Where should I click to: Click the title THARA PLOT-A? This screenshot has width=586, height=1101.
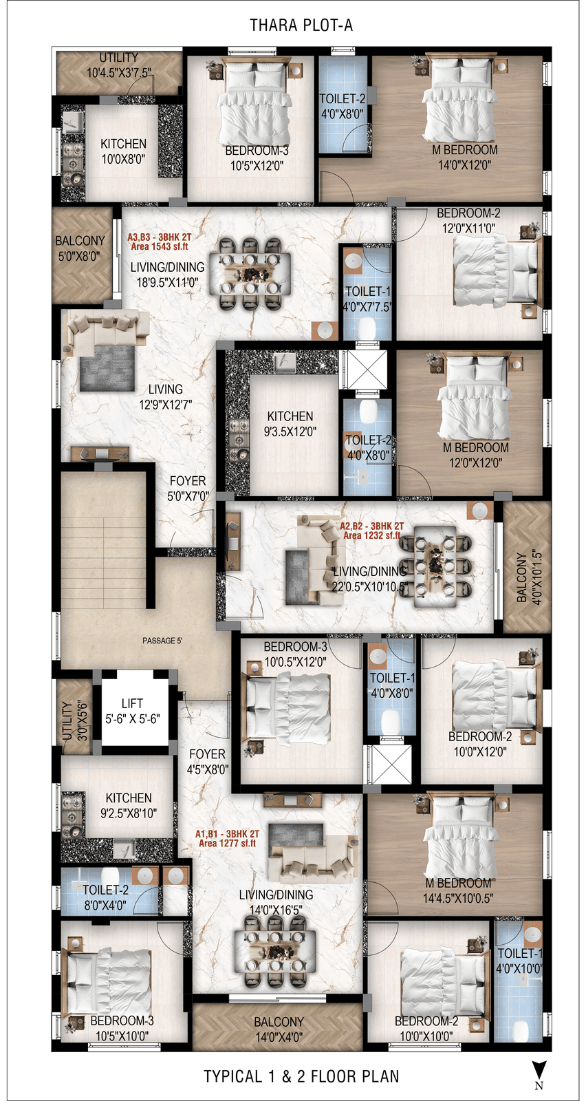(301, 25)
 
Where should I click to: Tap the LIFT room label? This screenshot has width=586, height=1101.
(133, 712)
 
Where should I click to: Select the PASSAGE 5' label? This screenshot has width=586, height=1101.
(162, 641)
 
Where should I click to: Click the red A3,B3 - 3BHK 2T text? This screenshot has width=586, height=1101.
(159, 237)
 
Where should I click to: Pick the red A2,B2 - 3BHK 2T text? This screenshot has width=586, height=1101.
(372, 526)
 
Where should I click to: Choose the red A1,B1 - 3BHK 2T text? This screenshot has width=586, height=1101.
(227, 833)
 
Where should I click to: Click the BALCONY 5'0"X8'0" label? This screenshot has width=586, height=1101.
(80, 248)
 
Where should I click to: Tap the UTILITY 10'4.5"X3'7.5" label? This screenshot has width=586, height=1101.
(119, 65)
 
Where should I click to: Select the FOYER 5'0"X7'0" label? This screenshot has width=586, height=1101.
(188, 489)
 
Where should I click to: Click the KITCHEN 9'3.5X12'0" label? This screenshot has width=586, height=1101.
(290, 424)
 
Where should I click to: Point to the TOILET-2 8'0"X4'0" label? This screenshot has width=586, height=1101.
(105, 897)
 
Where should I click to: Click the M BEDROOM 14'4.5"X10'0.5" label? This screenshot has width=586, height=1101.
(458, 890)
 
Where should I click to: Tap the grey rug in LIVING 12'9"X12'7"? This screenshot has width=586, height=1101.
(107, 368)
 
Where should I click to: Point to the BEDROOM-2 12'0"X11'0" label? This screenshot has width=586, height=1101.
(468, 221)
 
